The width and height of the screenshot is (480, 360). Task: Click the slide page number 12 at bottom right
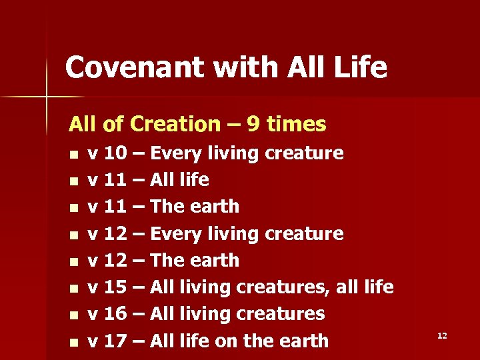tap(442, 335)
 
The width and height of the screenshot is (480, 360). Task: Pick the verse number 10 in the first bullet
tap(117, 153)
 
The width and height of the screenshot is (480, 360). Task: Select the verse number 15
tap(117, 287)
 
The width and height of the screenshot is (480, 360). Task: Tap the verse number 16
tap(117, 314)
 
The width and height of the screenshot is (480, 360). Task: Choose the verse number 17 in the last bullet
tap(117, 341)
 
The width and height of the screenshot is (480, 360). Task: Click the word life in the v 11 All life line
tap(194, 180)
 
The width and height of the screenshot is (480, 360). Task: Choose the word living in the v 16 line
tap(203, 314)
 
